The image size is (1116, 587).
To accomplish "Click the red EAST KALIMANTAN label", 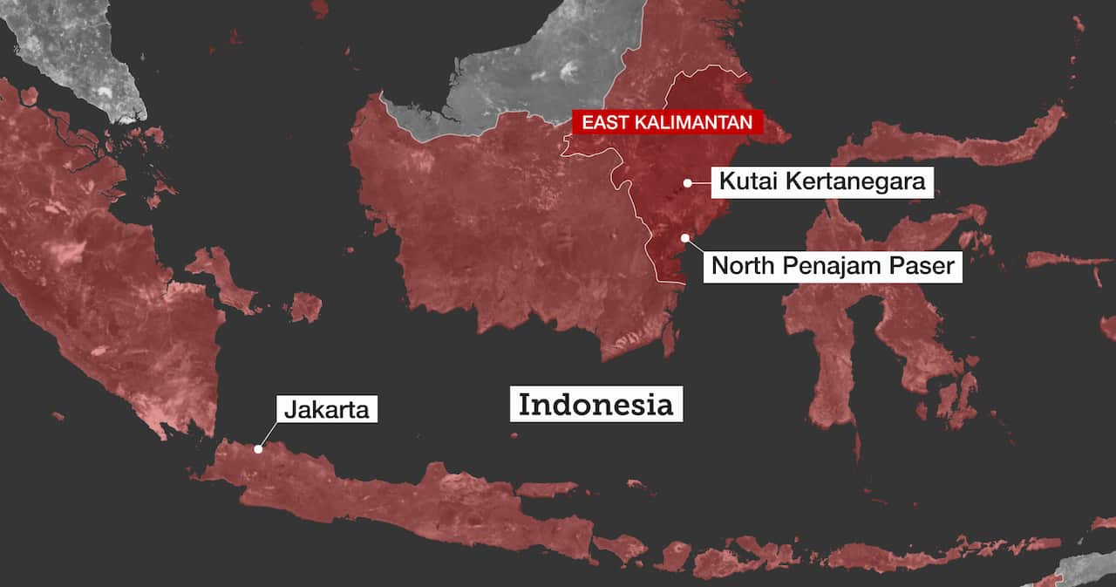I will tap(667, 122).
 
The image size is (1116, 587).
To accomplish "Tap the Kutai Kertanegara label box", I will tap(822, 182).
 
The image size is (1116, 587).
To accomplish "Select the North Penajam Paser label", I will tap(833, 265).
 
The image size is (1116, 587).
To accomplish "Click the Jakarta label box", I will tap(327, 408).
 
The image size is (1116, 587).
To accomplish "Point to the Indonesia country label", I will tap(596, 405).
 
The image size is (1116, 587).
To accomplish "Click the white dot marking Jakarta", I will tap(258, 449).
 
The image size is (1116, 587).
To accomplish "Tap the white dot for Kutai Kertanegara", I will tap(688, 183).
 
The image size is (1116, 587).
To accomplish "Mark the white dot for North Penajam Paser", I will tap(685, 237).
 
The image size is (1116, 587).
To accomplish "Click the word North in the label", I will tap(743, 265).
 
